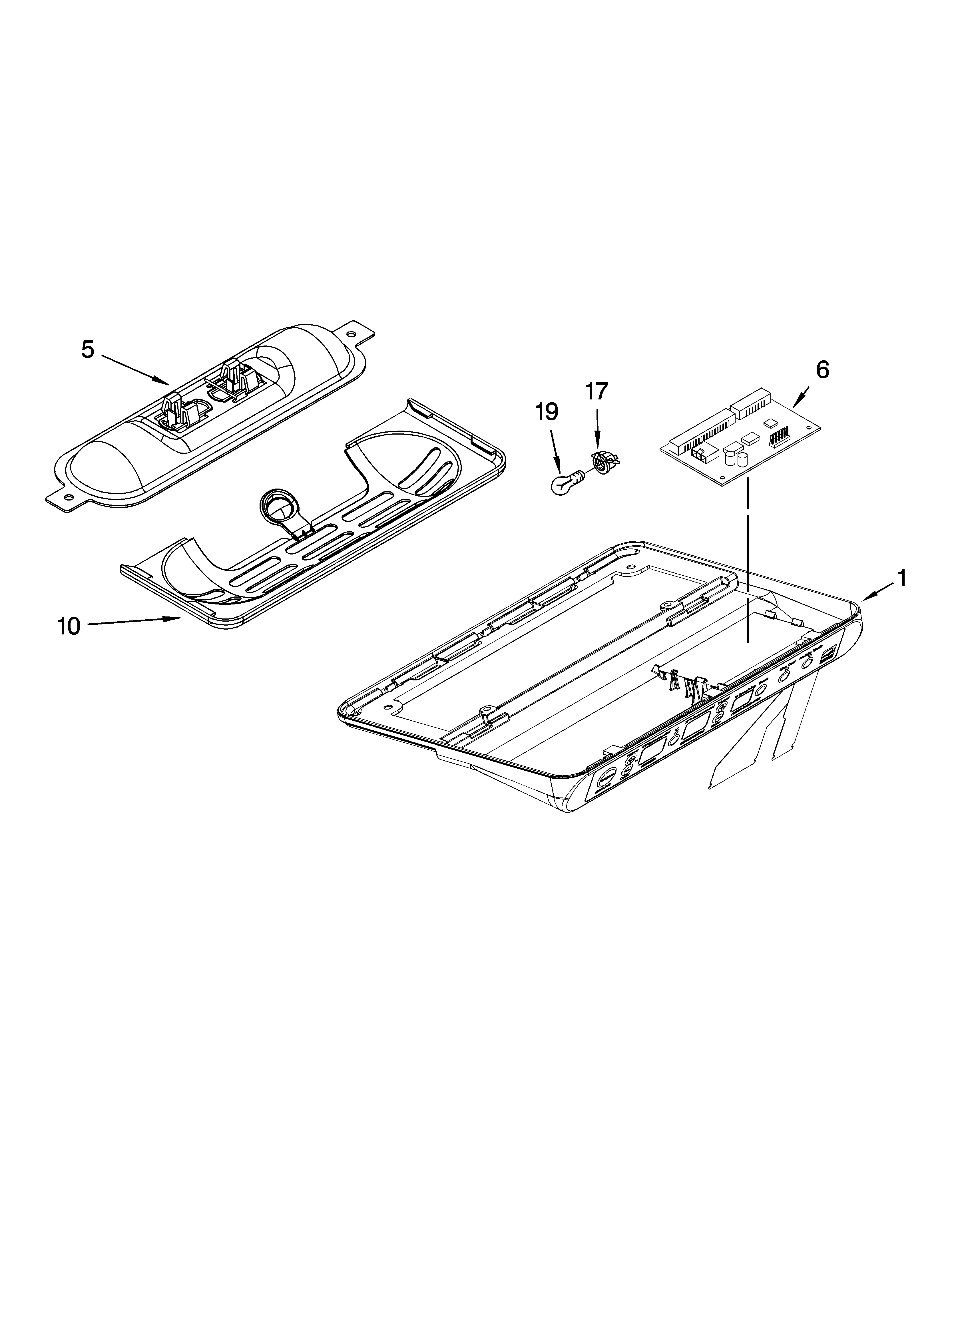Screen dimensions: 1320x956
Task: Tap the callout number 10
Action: pyautogui.click(x=69, y=626)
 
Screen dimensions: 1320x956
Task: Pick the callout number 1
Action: pyautogui.click(x=901, y=578)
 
